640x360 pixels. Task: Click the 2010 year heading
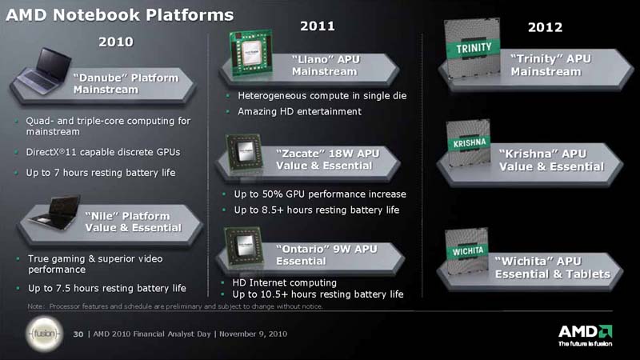[x=116, y=42]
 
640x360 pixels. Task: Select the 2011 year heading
[x=318, y=26]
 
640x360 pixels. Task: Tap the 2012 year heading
[x=545, y=27]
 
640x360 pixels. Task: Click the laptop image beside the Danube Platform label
[x=43, y=72]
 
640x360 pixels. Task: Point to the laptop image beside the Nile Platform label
[x=55, y=212]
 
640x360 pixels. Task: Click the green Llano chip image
[x=250, y=52]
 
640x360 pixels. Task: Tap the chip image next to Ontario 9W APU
[x=244, y=246]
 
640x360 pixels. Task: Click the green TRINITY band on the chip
[x=474, y=48]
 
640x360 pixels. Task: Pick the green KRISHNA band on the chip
[x=470, y=143]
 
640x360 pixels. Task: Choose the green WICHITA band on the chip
[x=467, y=251]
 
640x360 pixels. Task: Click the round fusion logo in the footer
[x=45, y=334]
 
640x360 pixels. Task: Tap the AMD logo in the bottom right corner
[x=585, y=335]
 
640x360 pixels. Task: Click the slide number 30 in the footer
[x=78, y=334]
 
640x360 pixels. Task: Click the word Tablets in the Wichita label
[x=588, y=274]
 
